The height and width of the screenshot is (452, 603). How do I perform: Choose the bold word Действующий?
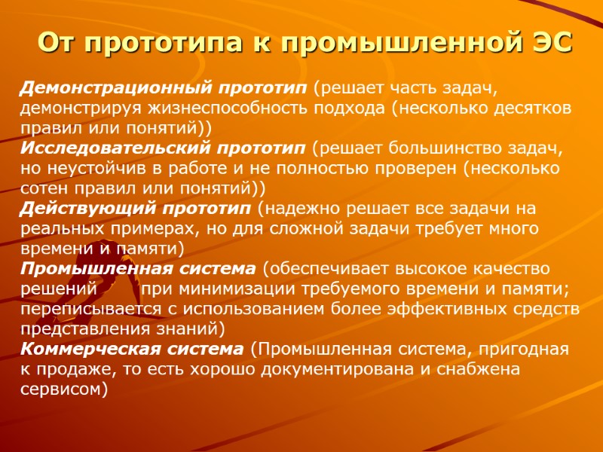coord(74,206)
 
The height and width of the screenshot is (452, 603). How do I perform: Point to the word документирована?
coord(411,368)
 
